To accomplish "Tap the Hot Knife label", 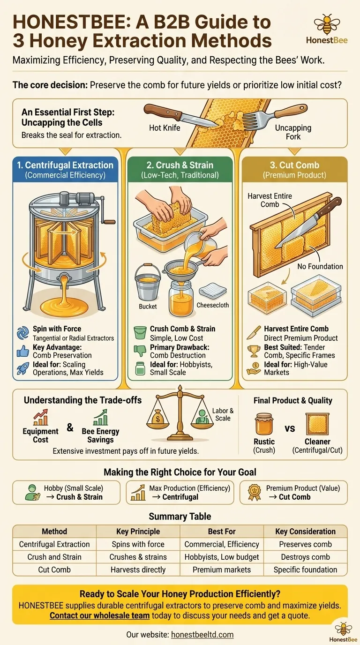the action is click(x=165, y=128).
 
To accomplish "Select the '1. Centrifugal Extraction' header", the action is click(x=65, y=165).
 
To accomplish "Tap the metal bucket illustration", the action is click(x=148, y=282).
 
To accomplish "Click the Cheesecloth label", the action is click(x=212, y=305).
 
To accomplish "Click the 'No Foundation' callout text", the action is click(x=320, y=266).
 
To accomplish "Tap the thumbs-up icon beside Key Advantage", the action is click(x=23, y=351).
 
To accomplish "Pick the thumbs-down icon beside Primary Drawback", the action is click(x=140, y=351).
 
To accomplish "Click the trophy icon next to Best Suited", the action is click(x=254, y=351).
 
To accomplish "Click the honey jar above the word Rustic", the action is click(x=264, y=424).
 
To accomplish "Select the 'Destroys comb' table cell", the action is click(x=305, y=557).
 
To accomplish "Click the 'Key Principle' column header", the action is click(x=138, y=531).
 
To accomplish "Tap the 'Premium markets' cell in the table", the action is click(x=221, y=570).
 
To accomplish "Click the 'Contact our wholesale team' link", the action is click(x=100, y=615).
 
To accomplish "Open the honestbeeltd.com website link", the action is click(x=202, y=634).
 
